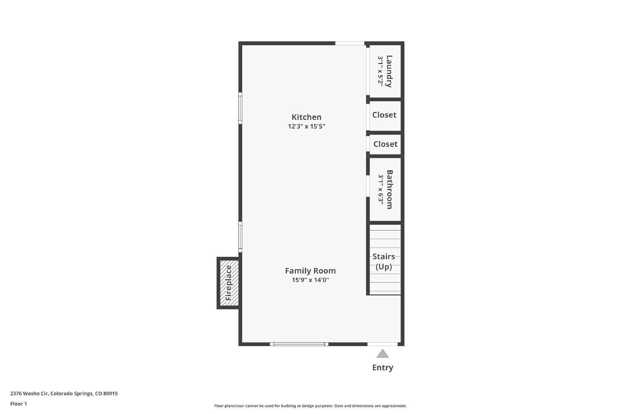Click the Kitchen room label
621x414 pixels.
coord(306,117)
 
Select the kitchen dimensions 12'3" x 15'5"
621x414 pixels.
coord(306,126)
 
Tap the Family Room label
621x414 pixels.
coord(310,270)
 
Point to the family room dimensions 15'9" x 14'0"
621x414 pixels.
coord(310,280)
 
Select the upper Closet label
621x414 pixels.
coord(384,115)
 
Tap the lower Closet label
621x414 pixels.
coord(385,144)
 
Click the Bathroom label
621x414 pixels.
coord(390,189)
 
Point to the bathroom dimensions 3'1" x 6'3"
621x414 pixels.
coord(381,189)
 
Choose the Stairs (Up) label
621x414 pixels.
coord(383,261)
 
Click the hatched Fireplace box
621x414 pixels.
coord(229,282)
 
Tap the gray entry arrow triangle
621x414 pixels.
coord(382,353)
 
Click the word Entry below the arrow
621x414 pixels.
coord(382,367)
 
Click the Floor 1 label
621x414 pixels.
coord(19,404)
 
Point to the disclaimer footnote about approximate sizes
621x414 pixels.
coord(310,406)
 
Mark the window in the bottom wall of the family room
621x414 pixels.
coord(299,344)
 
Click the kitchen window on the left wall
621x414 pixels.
coord(240,108)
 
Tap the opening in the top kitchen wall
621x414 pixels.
coord(350,43)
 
